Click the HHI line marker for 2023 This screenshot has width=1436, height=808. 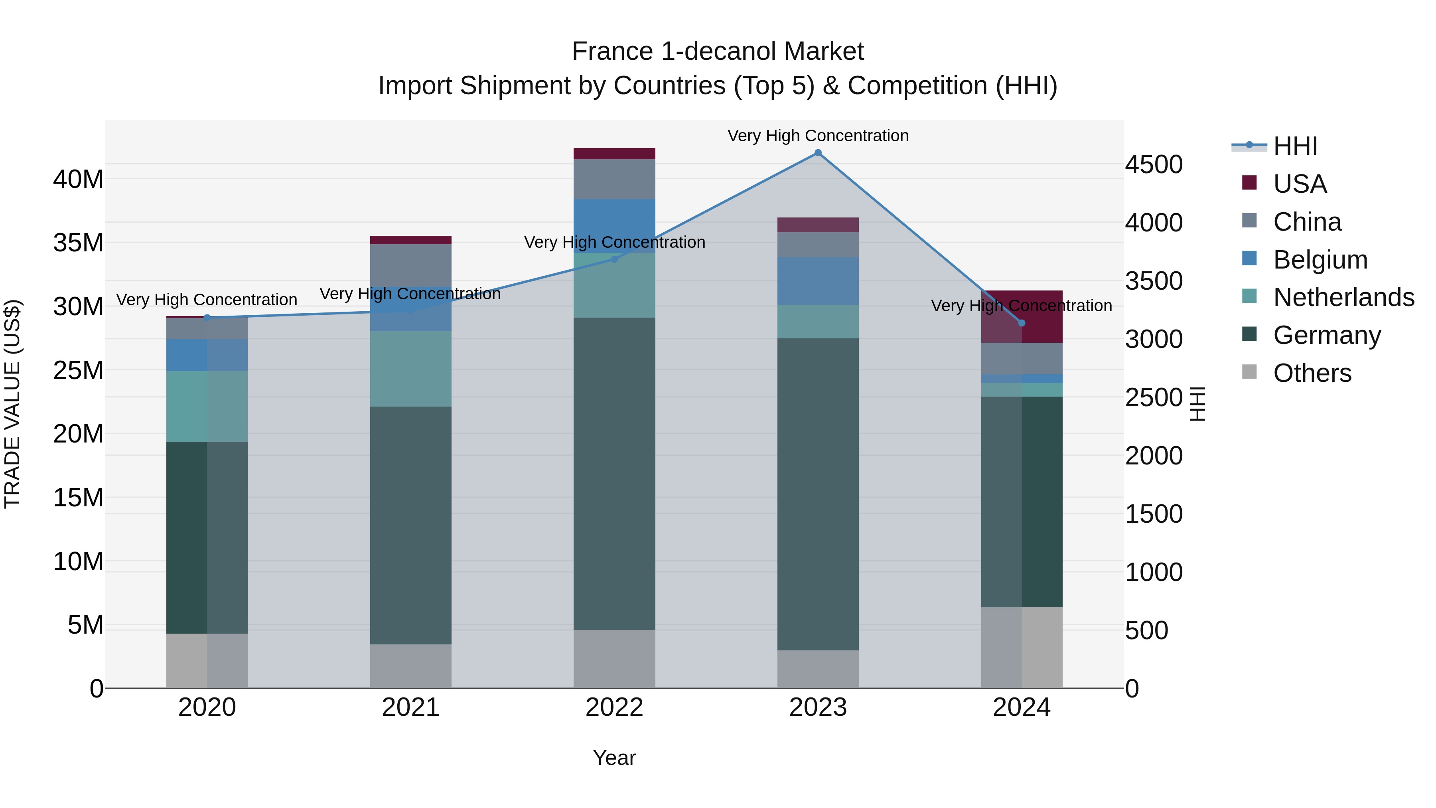pos(818,153)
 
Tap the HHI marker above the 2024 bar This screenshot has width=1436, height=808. pos(1021,323)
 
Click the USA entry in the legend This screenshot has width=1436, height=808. pos(1299,184)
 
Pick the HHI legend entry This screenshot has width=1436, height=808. pos(1295,146)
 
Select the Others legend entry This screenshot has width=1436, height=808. pos(1312,373)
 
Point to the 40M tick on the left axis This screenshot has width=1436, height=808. pos(78,180)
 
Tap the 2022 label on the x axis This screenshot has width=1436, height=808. pos(614,707)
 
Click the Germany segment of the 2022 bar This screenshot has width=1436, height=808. pos(614,474)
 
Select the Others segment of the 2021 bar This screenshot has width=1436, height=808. pos(411,666)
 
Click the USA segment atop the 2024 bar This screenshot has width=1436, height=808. pos(1021,316)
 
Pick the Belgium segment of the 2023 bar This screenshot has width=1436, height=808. pos(818,281)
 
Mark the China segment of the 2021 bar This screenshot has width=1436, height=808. pos(411,265)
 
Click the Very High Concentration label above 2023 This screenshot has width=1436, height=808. pos(818,136)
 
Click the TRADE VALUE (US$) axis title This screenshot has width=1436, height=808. pos(12,404)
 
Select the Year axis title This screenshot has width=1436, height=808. pos(614,758)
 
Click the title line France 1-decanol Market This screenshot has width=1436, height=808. pos(718,51)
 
